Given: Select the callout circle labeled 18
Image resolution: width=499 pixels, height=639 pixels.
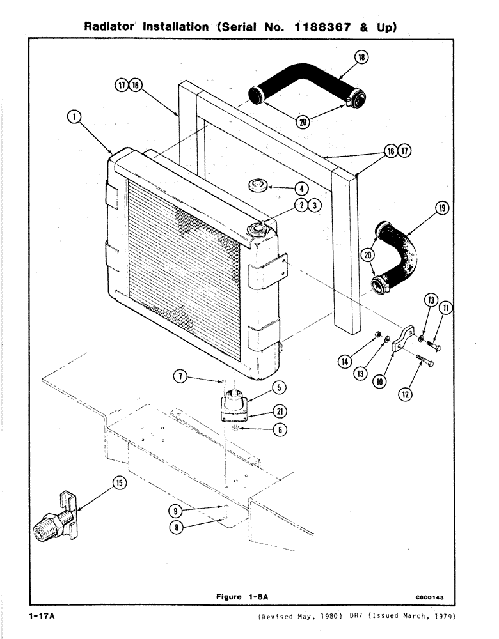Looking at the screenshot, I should pos(361,58).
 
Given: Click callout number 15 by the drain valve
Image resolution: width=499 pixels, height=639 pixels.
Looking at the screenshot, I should pos(119,484).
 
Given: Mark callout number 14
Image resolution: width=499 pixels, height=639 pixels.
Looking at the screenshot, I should pos(347,362).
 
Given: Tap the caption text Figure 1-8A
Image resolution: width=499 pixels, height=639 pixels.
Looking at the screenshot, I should pos(241,597).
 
